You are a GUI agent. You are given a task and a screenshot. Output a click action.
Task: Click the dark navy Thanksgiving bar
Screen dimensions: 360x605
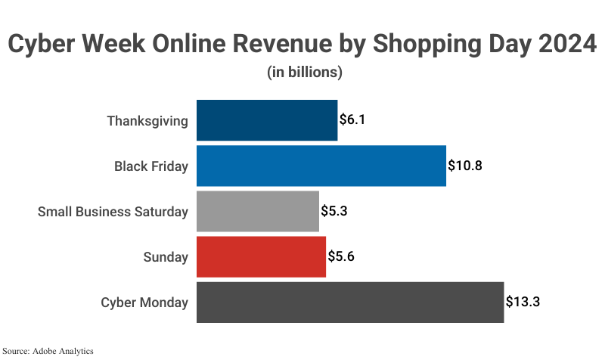point(267,120)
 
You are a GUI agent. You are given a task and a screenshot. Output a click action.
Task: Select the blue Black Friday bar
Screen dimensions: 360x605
point(321,166)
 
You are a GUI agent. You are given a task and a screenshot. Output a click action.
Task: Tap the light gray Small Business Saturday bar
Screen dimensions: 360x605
point(257,211)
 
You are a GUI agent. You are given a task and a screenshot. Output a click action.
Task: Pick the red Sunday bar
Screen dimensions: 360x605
point(261,256)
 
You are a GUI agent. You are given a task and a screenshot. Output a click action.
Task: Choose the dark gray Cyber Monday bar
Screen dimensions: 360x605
point(349,303)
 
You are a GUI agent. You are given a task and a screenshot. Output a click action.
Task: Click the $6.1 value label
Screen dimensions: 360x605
point(352,120)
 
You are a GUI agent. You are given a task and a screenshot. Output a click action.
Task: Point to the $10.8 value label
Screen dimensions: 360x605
point(464,166)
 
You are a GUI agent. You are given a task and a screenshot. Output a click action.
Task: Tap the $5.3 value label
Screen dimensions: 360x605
point(334,211)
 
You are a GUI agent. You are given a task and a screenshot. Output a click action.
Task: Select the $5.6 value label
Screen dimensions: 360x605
point(341,256)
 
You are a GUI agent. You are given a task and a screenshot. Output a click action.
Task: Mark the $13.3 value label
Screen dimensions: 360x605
point(523,303)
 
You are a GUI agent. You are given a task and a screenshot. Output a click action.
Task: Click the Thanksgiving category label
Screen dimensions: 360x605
point(147,121)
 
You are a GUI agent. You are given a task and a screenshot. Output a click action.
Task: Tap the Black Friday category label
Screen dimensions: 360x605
point(151,166)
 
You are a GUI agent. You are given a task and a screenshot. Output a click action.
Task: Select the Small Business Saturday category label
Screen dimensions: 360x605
point(113,212)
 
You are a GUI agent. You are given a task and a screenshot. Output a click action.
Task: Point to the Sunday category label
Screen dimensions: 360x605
point(166,257)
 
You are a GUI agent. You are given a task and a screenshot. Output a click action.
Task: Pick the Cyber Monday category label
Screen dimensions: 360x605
point(144,303)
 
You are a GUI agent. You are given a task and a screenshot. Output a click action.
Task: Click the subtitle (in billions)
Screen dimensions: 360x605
point(305,73)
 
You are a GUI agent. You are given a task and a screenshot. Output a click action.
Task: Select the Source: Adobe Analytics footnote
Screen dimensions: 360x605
point(48,351)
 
